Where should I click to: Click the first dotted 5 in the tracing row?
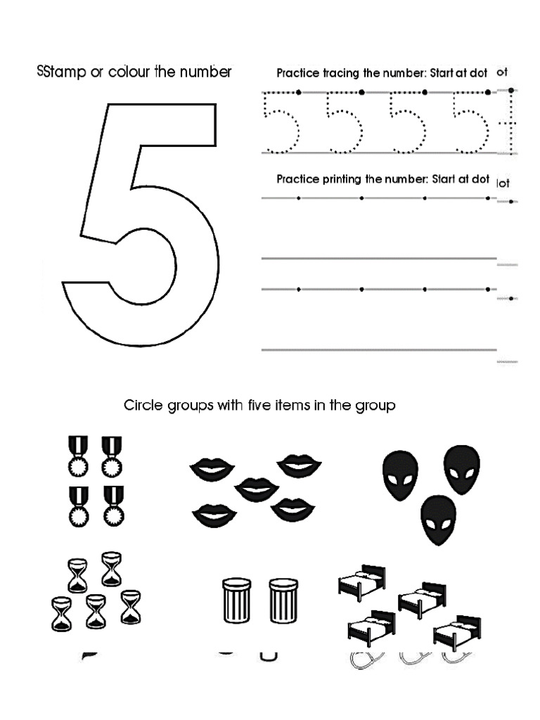(281, 123)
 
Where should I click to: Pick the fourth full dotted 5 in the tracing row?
(470, 123)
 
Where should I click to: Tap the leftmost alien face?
(399, 475)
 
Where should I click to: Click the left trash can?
(236, 602)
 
